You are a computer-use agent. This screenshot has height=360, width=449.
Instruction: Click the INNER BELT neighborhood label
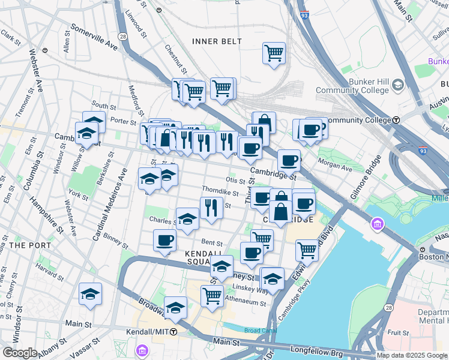click(x=217, y=41)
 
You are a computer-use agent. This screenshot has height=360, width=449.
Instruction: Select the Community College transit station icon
click(x=396, y=120)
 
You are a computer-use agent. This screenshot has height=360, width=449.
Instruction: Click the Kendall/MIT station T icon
click(x=173, y=331)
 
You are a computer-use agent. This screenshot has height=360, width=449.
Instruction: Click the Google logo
click(x=20, y=353)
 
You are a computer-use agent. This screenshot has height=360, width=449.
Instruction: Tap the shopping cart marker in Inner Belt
click(x=274, y=53)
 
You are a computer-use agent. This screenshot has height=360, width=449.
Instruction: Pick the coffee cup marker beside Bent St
click(x=164, y=241)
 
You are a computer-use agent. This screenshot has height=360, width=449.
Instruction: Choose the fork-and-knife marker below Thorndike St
click(x=211, y=208)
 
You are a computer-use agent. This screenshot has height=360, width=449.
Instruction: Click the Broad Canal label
click(x=261, y=331)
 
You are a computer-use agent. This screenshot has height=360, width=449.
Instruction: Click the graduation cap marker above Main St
click(x=90, y=294)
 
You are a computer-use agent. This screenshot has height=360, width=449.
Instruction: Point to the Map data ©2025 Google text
click(x=412, y=355)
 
